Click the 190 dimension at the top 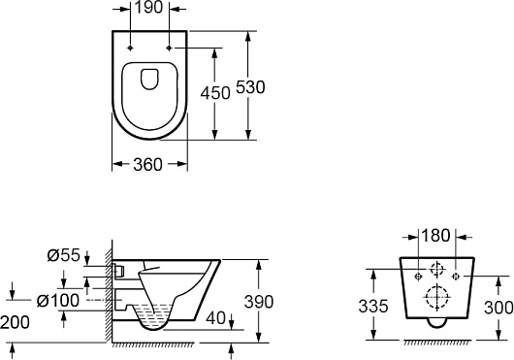148,7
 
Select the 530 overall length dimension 250,87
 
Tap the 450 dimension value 215,93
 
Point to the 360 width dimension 147,164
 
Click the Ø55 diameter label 64,255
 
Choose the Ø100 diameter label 58,301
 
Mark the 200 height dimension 15,322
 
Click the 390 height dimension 259,302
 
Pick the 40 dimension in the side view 216,317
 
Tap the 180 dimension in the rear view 435,236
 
